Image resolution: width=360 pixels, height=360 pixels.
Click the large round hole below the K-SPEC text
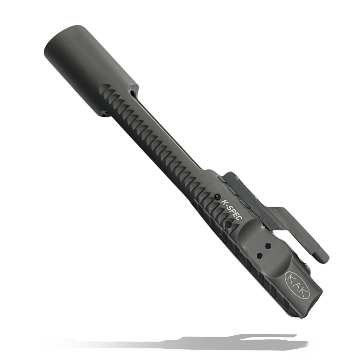(x=229, y=224)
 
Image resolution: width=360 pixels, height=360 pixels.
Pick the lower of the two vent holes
(x=260, y=255)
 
